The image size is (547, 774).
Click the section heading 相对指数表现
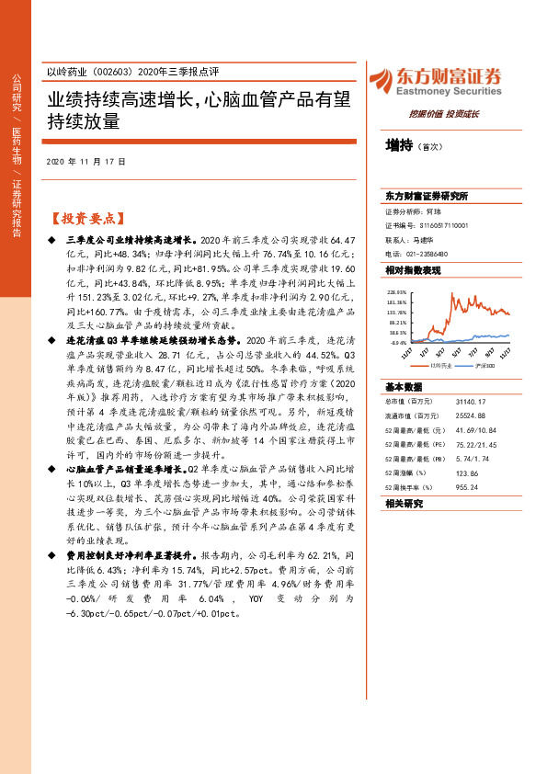pyautogui.click(x=413, y=270)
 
